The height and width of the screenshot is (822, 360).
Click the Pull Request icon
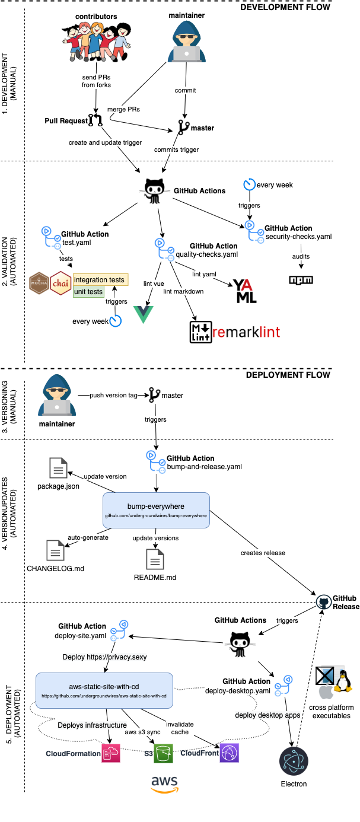tap(95, 121)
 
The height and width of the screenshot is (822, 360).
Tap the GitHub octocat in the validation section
tap(155, 190)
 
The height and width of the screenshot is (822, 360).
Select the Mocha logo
tap(39, 283)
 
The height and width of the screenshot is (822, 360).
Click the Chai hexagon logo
tap(61, 283)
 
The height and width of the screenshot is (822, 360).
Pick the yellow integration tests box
tap(100, 279)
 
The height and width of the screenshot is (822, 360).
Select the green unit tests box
tap(88, 292)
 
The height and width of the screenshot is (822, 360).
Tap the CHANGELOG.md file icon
tap(56, 550)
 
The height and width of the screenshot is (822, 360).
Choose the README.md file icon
tap(156, 559)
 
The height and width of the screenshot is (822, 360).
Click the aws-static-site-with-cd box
tap(104, 690)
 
